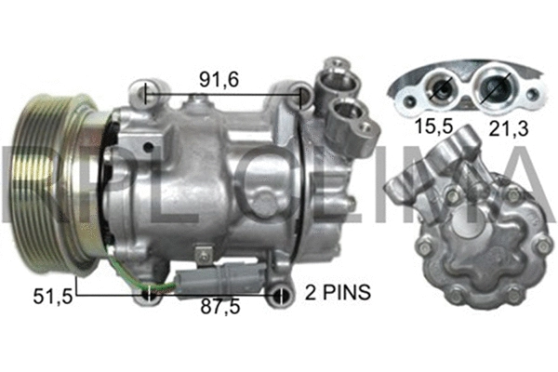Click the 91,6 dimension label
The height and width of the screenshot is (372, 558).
click(x=220, y=81)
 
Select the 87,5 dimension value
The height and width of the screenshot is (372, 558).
click(x=219, y=311)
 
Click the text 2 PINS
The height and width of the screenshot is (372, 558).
click(x=337, y=293)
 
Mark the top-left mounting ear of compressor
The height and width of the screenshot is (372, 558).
click(x=141, y=93)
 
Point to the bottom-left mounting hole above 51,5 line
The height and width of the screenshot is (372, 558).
click(x=149, y=296)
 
